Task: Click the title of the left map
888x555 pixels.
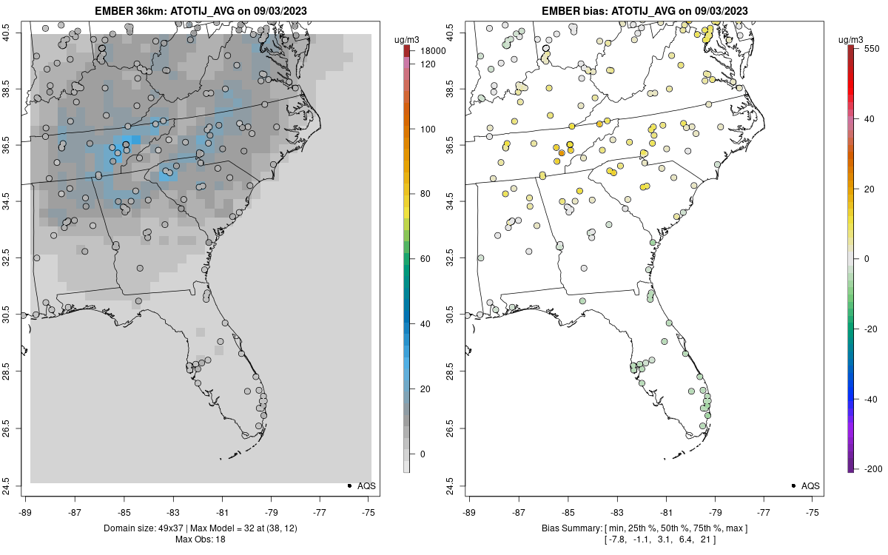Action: (199, 11)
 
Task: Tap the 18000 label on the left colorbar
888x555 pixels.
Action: (433, 51)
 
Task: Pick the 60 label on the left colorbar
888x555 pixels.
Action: (425, 259)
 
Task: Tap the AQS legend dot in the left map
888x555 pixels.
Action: (349, 485)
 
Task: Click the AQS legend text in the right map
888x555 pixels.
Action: (810, 486)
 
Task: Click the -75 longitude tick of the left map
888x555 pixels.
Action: (368, 511)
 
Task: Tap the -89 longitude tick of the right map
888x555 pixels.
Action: (470, 511)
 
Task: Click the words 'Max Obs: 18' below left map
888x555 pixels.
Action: (199, 539)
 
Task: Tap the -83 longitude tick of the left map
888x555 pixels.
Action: (172, 511)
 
